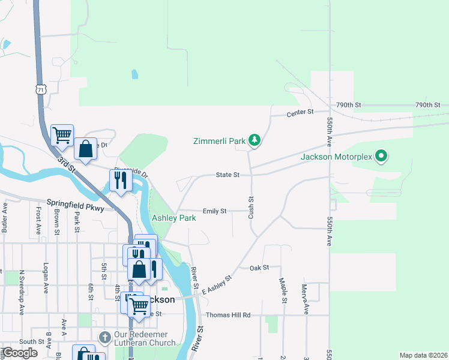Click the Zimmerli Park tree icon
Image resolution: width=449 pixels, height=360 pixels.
coord(255,141)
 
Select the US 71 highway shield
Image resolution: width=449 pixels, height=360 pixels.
coord(40,89)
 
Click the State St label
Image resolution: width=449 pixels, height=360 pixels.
coord(228,175)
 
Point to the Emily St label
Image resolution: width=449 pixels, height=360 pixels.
coord(214,211)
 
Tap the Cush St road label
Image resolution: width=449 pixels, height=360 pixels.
coord(251,207)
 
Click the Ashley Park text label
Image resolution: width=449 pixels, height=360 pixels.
coord(173,218)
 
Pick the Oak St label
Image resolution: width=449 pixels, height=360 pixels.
coord(259,268)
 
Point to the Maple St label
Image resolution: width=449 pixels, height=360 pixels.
coord(281,289)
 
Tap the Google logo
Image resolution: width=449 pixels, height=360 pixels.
coord(20,353)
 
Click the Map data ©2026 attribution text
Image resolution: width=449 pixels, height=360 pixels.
coord(423,355)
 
